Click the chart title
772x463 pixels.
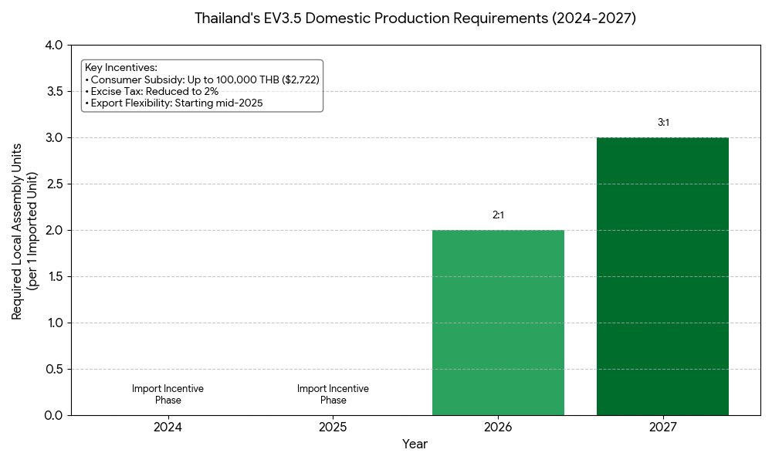click(415, 19)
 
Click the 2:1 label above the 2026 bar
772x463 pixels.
click(498, 215)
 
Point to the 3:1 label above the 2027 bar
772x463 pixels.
click(662, 123)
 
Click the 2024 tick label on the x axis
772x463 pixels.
click(168, 427)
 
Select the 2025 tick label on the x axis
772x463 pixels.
click(333, 427)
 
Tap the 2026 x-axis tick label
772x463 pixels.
click(498, 427)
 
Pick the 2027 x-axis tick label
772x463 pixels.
click(662, 427)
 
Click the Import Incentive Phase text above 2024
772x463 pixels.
click(168, 394)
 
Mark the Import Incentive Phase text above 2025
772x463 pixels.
click(333, 394)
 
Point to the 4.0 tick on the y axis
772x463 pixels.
click(54, 46)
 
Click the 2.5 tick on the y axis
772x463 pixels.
click(54, 184)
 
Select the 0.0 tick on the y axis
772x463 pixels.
click(54, 415)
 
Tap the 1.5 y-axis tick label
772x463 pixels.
click(54, 276)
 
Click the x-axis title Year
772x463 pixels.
click(415, 444)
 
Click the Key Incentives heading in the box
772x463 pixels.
click(121, 68)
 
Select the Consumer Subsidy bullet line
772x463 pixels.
click(202, 79)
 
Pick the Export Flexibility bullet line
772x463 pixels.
click(174, 103)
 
